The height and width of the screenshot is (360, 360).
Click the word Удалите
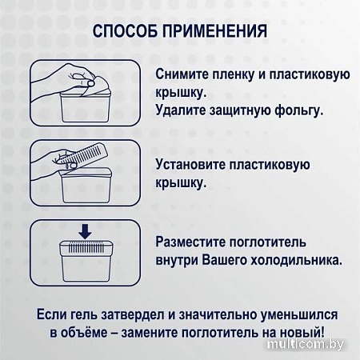point(181,110)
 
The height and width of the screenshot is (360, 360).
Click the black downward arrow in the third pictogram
point(82,231)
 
